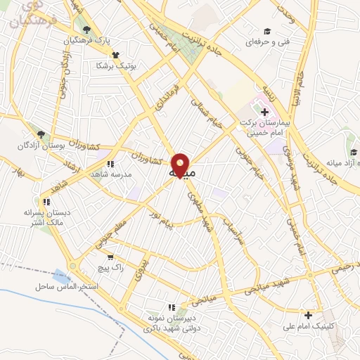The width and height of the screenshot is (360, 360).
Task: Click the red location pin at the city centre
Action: tap(181, 165)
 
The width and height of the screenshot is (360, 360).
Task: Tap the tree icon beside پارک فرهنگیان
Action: tap(86, 30)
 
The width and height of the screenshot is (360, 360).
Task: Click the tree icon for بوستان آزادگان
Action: tap(41, 134)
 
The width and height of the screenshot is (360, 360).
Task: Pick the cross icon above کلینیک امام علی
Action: tap(307, 314)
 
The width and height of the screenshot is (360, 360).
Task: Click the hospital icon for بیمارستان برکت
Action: tap(264, 111)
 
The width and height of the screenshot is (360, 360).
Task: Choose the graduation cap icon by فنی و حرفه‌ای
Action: tap(267, 31)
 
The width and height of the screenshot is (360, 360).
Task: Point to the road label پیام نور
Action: tap(163, 226)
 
